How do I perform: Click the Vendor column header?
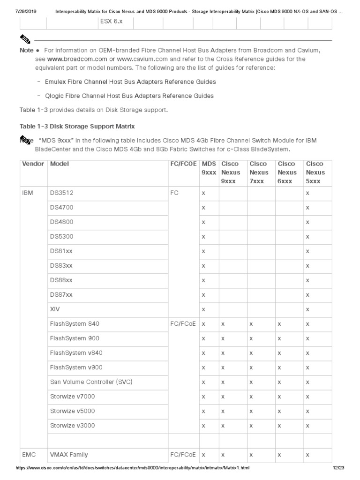[x=33, y=164]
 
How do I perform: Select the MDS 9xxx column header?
[x=209, y=168]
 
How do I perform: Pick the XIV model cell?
[x=55, y=309]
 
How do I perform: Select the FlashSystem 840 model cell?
[x=75, y=324]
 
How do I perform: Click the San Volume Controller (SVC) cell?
[x=91, y=382]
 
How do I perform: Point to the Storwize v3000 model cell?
[x=72, y=426]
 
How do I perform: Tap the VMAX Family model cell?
[x=69, y=455]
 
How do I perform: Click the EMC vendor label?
[x=29, y=455]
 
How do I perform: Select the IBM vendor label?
[x=28, y=193]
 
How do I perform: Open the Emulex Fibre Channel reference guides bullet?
[x=130, y=82]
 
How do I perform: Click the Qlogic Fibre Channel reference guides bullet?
[x=129, y=96]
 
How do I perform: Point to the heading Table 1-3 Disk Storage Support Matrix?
[x=77, y=127]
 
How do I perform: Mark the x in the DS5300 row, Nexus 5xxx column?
[x=307, y=237]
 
